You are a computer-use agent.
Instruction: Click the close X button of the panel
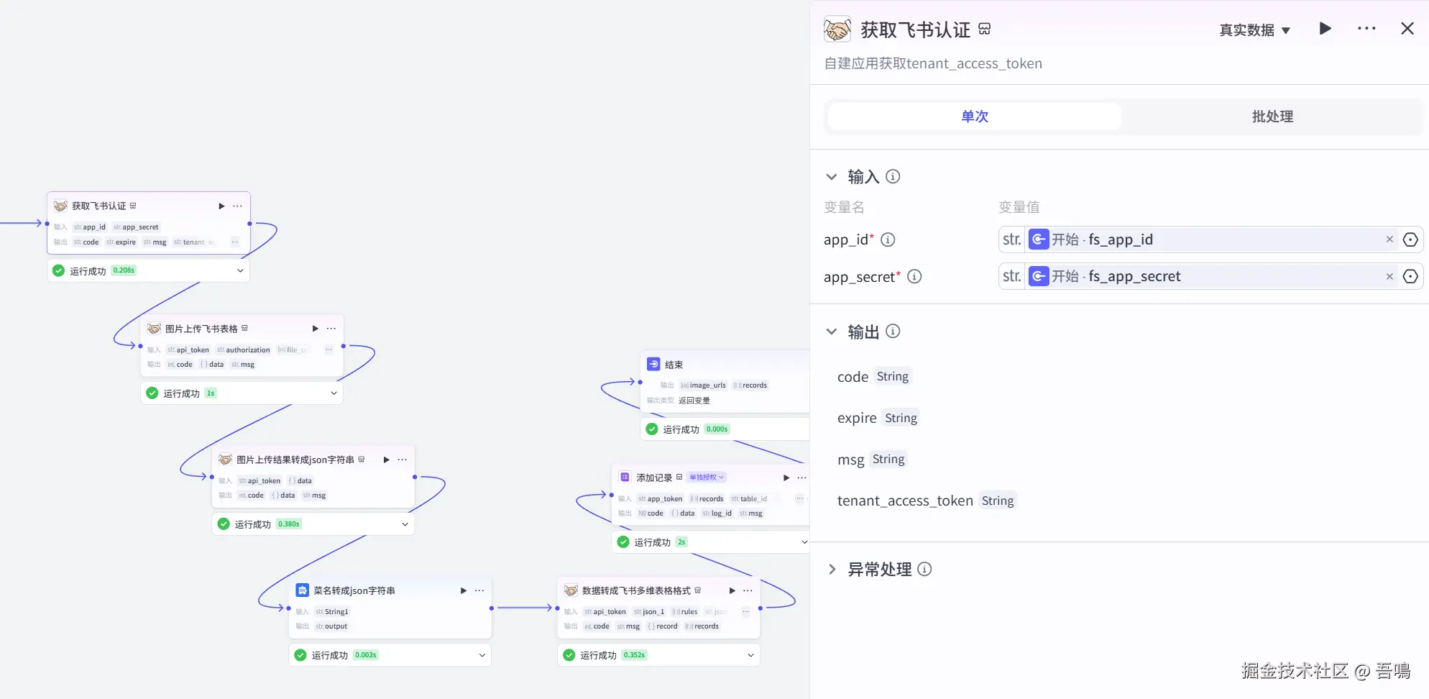click(x=1407, y=29)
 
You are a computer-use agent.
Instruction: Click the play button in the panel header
click(x=1325, y=29)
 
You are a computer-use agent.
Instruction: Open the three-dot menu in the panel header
click(x=1366, y=29)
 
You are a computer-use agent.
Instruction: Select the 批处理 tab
click(x=1272, y=116)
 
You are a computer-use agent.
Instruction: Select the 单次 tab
click(x=974, y=116)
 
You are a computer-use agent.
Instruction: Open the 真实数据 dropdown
click(x=1254, y=30)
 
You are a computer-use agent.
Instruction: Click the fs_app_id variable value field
click(x=1200, y=239)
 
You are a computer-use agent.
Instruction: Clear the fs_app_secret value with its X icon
click(x=1389, y=276)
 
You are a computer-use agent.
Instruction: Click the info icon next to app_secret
click(x=914, y=276)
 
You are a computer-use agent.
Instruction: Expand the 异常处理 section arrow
click(x=832, y=570)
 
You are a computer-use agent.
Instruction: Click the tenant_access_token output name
click(x=905, y=501)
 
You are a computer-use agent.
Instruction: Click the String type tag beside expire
click(x=901, y=418)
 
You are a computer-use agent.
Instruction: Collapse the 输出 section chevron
click(x=832, y=332)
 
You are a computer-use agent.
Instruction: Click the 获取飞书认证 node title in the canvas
click(x=98, y=206)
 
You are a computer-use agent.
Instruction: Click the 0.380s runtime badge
click(x=289, y=524)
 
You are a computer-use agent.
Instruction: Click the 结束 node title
click(x=674, y=365)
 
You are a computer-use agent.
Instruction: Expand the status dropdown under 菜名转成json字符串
click(x=482, y=655)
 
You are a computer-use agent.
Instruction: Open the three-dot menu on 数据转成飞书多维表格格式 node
click(x=748, y=590)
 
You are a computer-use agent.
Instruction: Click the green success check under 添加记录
click(x=623, y=542)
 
